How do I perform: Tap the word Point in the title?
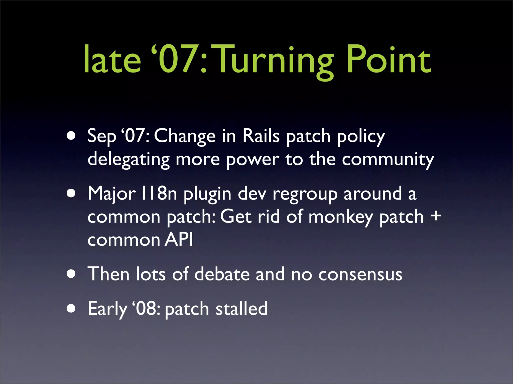389,60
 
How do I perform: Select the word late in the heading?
112,60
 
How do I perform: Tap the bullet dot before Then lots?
71,274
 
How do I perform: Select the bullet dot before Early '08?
71,308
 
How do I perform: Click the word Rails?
261,136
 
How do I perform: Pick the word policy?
360,137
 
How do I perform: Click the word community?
388,160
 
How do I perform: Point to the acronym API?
179,239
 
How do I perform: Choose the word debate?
222,274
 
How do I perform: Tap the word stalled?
241,308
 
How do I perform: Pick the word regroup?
305,194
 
